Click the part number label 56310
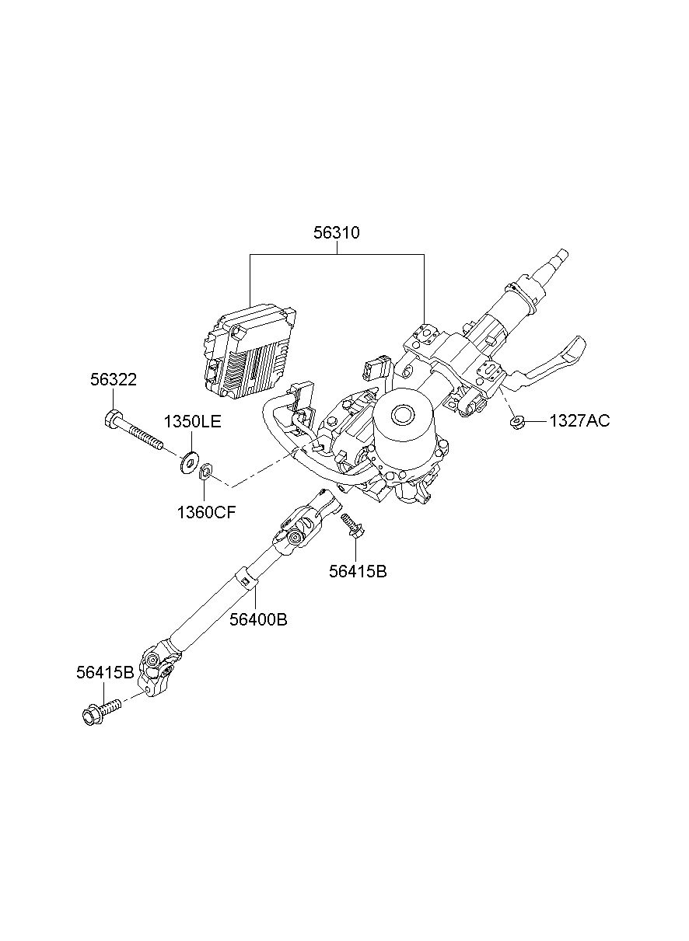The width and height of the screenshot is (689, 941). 337,232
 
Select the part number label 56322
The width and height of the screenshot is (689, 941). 113,380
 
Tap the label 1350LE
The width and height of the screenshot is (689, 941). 192,422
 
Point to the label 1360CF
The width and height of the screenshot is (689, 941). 205,512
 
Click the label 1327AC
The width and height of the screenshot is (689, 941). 579,421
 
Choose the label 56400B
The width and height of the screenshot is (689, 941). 258,619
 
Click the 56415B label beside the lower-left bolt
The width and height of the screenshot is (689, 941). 104,672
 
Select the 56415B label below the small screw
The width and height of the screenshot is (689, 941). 357,571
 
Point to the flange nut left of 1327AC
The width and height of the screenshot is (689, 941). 517,422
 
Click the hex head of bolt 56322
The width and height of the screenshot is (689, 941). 111,419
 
